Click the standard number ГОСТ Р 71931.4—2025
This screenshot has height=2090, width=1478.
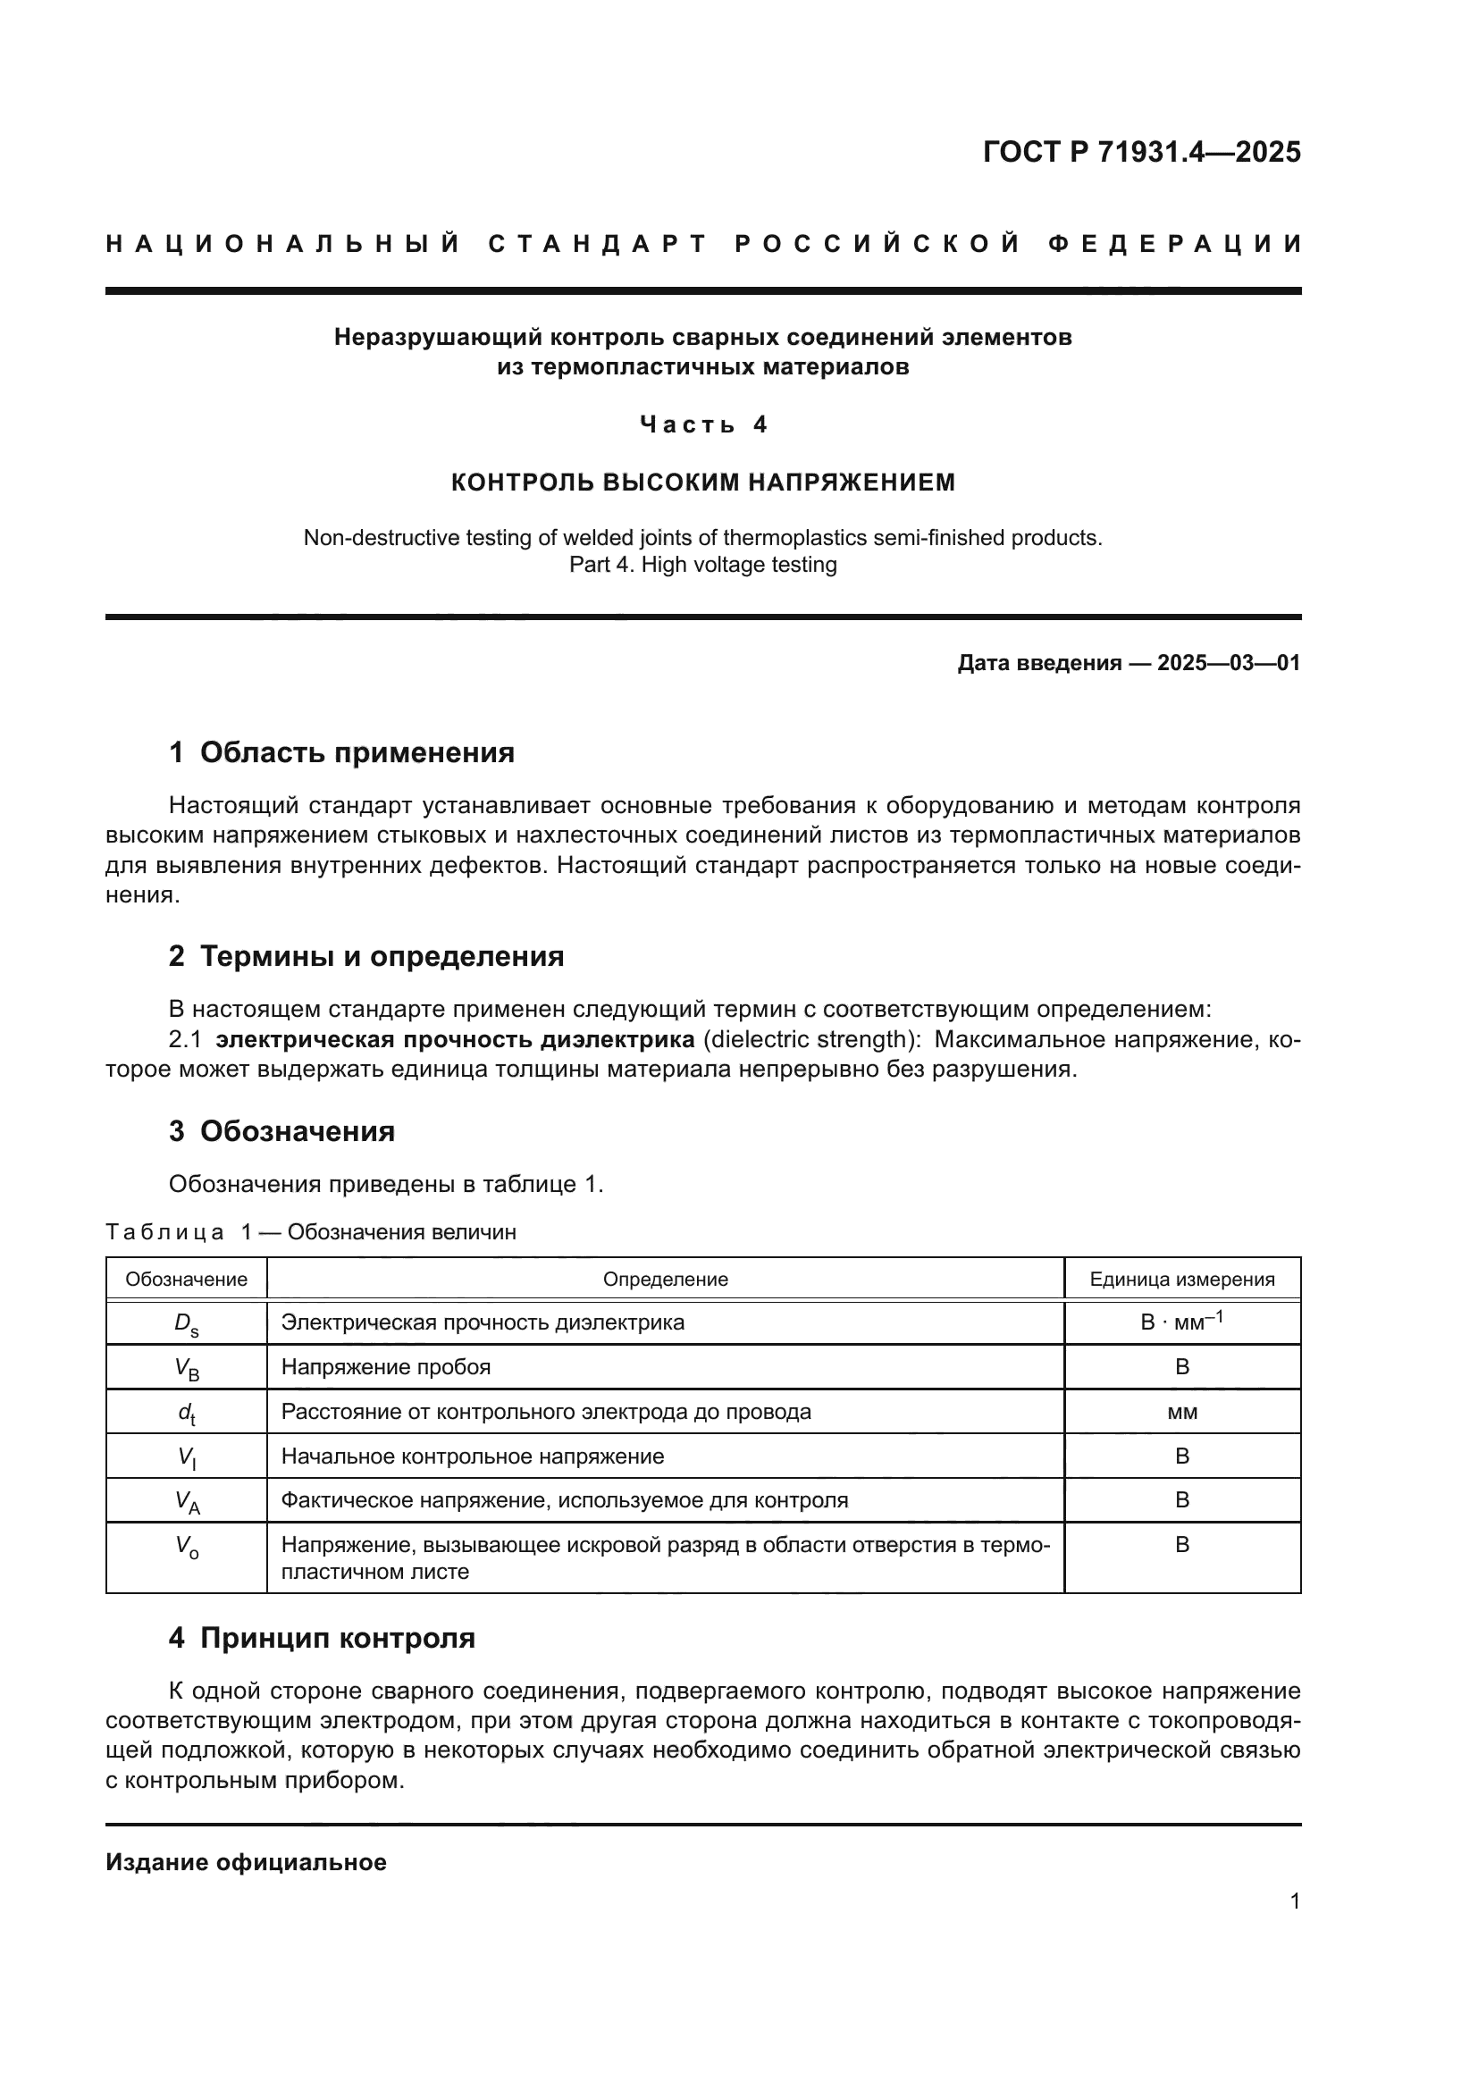(x=1141, y=151)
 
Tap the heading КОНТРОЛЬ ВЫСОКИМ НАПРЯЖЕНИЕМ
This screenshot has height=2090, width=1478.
(x=702, y=483)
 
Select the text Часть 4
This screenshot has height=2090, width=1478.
(x=702, y=424)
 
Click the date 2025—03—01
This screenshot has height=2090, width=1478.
(x=1229, y=663)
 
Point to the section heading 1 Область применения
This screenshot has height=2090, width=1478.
(x=341, y=752)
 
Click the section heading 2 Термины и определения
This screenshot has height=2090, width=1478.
(x=365, y=957)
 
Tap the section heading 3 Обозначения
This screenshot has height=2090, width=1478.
(x=281, y=1131)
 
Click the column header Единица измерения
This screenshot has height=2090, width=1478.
(x=1181, y=1279)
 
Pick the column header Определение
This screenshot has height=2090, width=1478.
(x=666, y=1279)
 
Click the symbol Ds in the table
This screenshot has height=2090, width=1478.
(x=186, y=1324)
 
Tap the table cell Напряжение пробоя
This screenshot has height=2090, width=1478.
(x=386, y=1367)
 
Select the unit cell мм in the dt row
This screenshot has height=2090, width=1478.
(x=1181, y=1412)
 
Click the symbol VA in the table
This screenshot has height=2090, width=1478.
(x=187, y=1502)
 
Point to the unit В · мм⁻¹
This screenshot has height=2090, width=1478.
(x=1181, y=1322)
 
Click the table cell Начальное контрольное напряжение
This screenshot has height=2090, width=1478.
(x=473, y=1456)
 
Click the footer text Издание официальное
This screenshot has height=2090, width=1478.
(x=246, y=1862)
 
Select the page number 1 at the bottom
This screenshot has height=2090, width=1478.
(x=1294, y=1901)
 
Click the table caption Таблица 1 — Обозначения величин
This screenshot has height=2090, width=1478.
(x=310, y=1232)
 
